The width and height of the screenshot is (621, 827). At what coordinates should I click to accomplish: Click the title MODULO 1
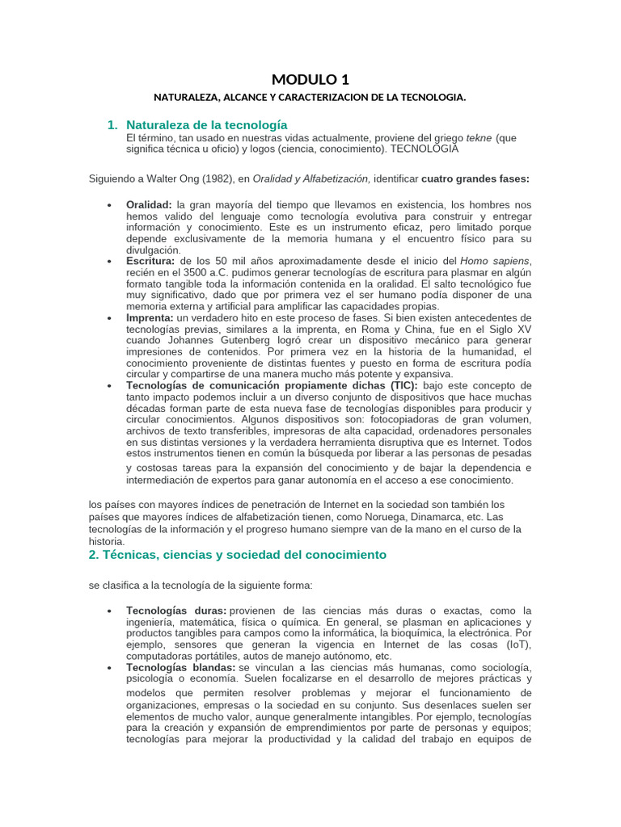[310, 79]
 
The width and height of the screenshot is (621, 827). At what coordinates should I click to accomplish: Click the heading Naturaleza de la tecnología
[206, 125]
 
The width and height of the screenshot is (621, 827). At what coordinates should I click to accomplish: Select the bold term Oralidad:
[149, 205]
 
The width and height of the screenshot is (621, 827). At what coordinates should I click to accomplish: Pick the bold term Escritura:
[150, 262]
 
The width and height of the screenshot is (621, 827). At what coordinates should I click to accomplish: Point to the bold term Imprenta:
[150, 318]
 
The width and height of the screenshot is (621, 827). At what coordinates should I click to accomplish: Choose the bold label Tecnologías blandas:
[181, 668]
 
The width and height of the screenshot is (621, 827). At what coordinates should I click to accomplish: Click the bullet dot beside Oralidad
[108, 206]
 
